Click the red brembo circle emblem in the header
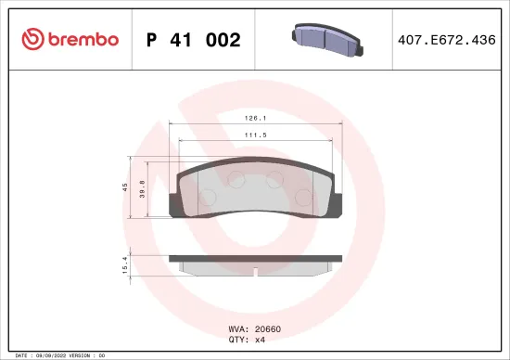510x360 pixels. click(33, 39)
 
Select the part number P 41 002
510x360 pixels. click(193, 40)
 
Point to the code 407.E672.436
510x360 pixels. click(446, 40)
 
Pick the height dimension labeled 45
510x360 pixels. click(126, 186)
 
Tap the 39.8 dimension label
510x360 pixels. click(140, 188)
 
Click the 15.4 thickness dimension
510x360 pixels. click(126, 265)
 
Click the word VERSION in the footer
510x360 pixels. click(79, 354)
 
